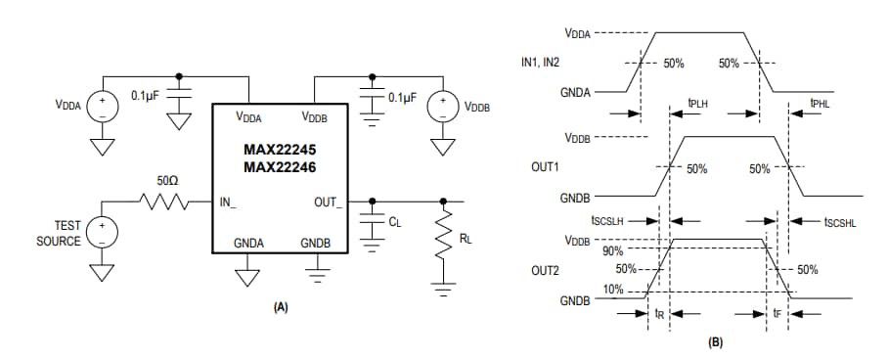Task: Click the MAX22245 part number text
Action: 281,150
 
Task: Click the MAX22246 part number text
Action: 281,168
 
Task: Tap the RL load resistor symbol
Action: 445,239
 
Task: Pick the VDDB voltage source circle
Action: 444,106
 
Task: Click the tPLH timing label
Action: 698,102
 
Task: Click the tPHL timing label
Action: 821,102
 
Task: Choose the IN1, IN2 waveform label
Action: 549,63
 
